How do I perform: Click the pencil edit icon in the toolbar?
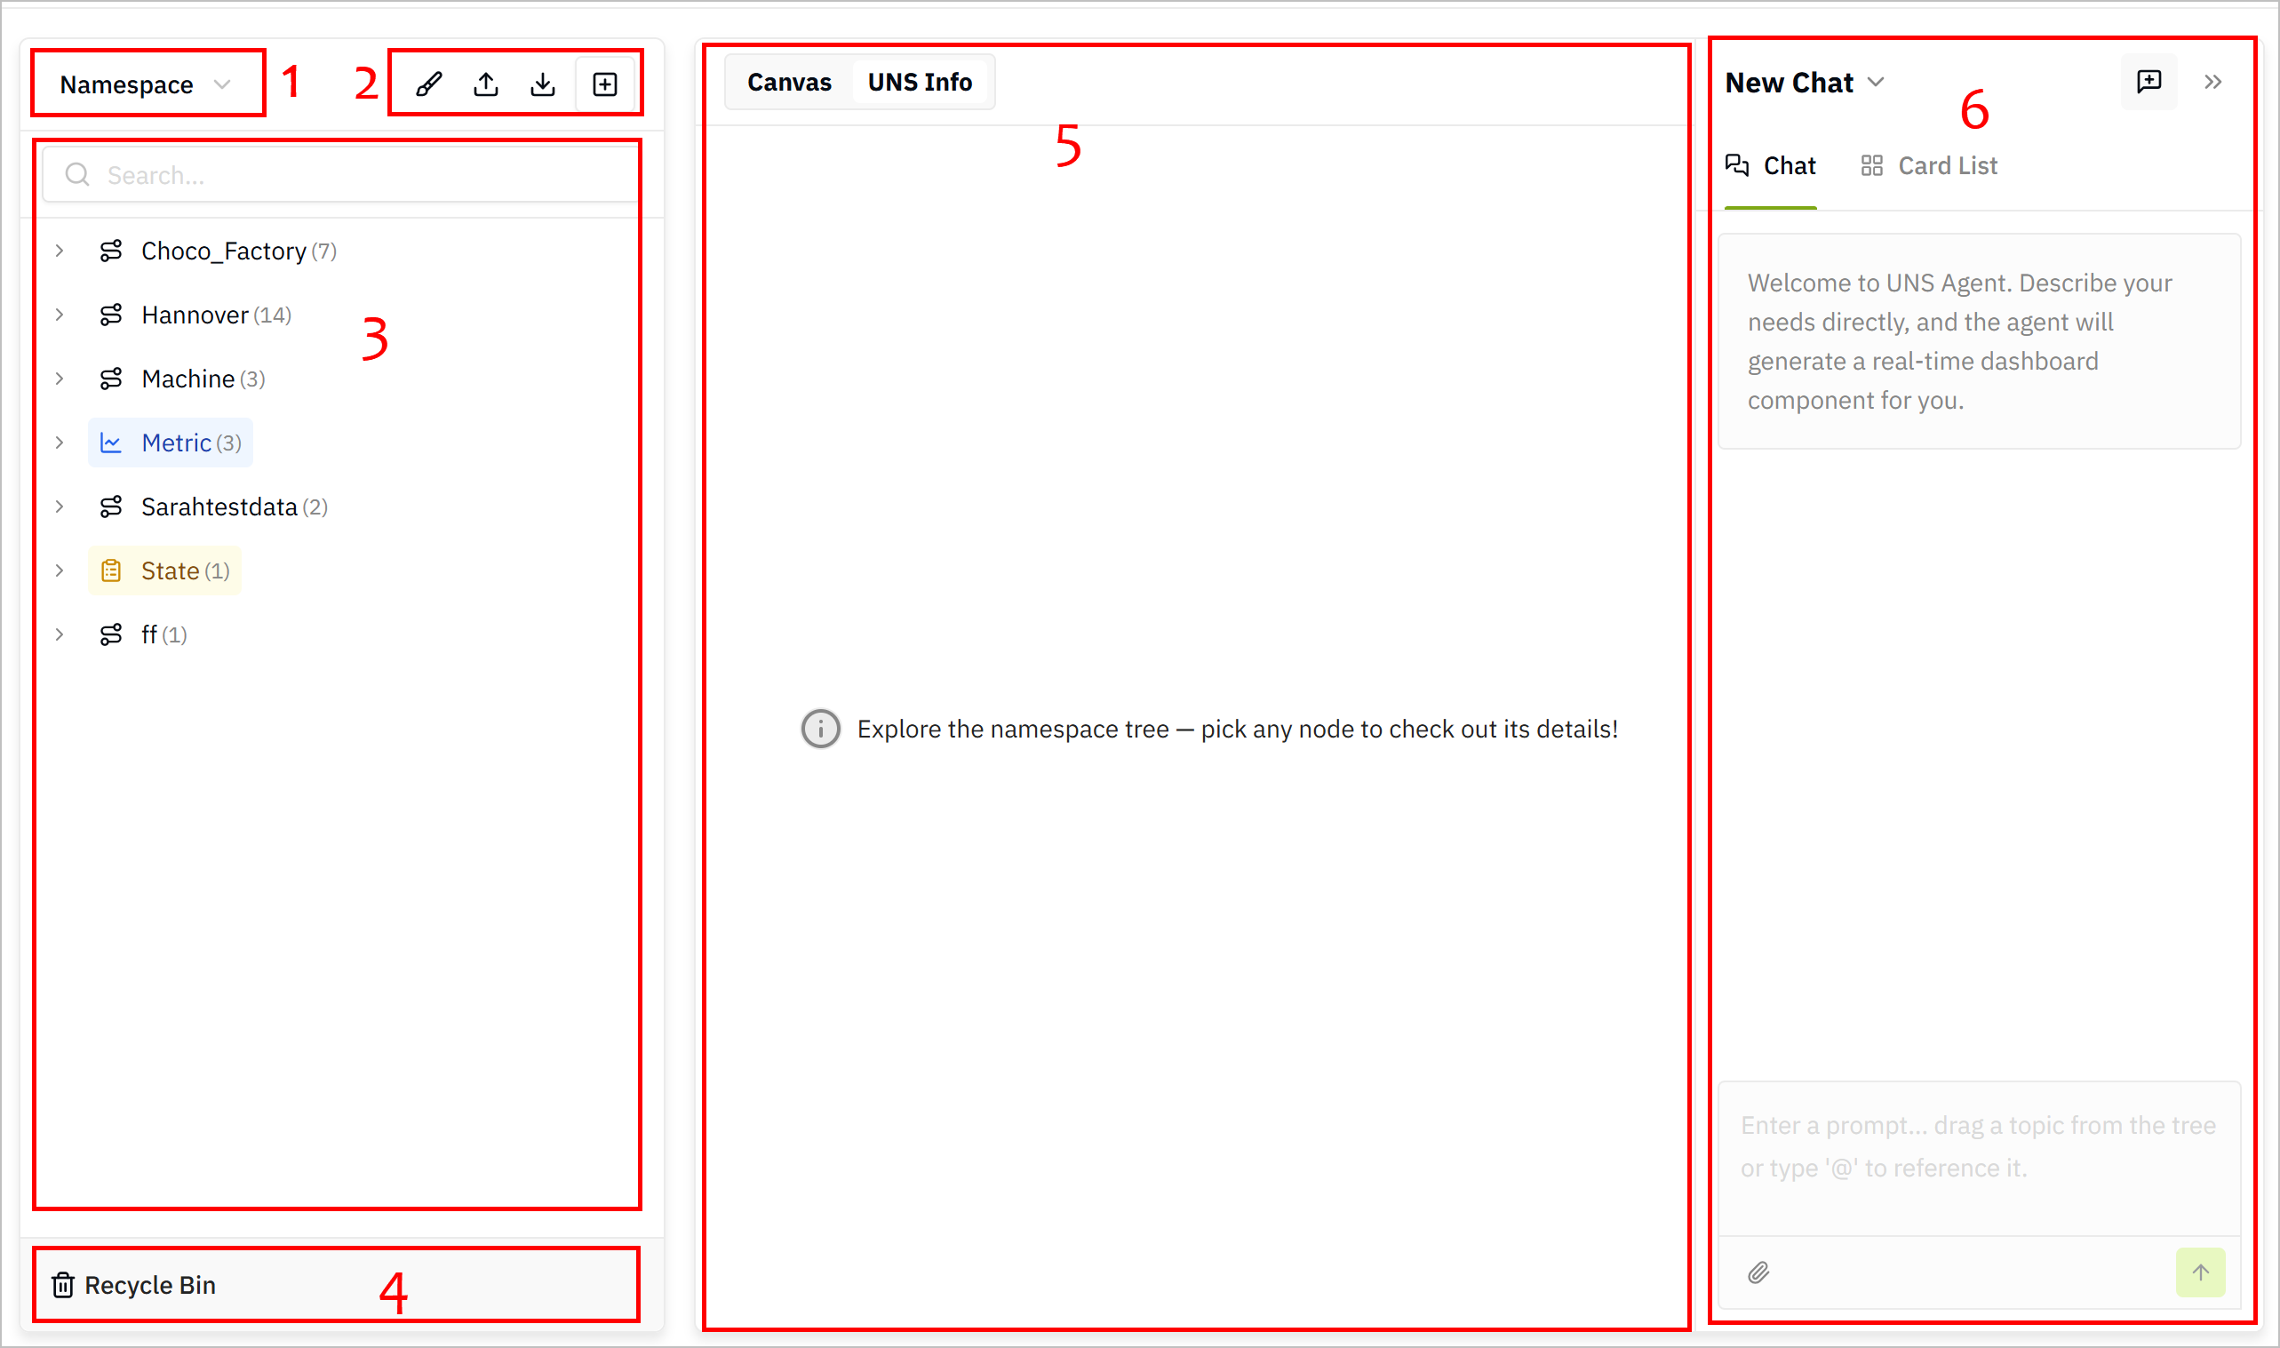428,84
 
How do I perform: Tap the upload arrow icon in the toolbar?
486,84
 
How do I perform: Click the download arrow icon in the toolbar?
543,84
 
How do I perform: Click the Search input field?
340,174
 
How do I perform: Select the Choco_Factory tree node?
223,251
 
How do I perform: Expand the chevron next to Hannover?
60,315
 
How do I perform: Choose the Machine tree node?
188,379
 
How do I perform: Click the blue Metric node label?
176,443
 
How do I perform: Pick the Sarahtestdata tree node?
219,506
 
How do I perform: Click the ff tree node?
149,634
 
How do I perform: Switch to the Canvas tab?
789,83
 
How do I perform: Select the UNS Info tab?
920,83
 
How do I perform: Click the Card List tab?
1930,165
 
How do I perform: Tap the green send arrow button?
2200,1272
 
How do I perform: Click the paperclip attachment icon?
1758,1272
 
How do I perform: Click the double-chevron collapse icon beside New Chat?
2212,83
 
